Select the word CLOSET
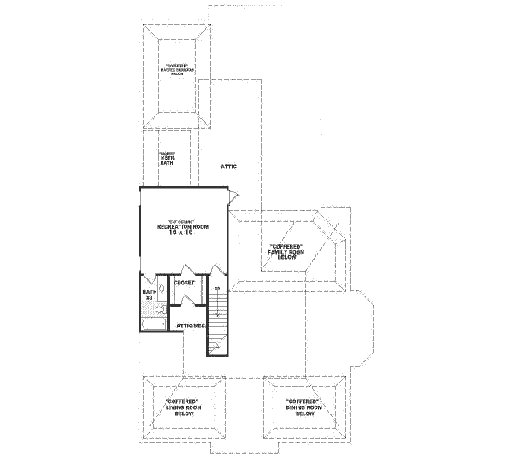pyautogui.click(x=185, y=282)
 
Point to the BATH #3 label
pyautogui.click(x=147, y=296)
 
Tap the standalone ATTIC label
pyautogui.click(x=228, y=167)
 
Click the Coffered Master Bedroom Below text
pyautogui.click(x=178, y=68)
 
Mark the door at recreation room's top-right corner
pyautogui.click(x=231, y=197)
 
